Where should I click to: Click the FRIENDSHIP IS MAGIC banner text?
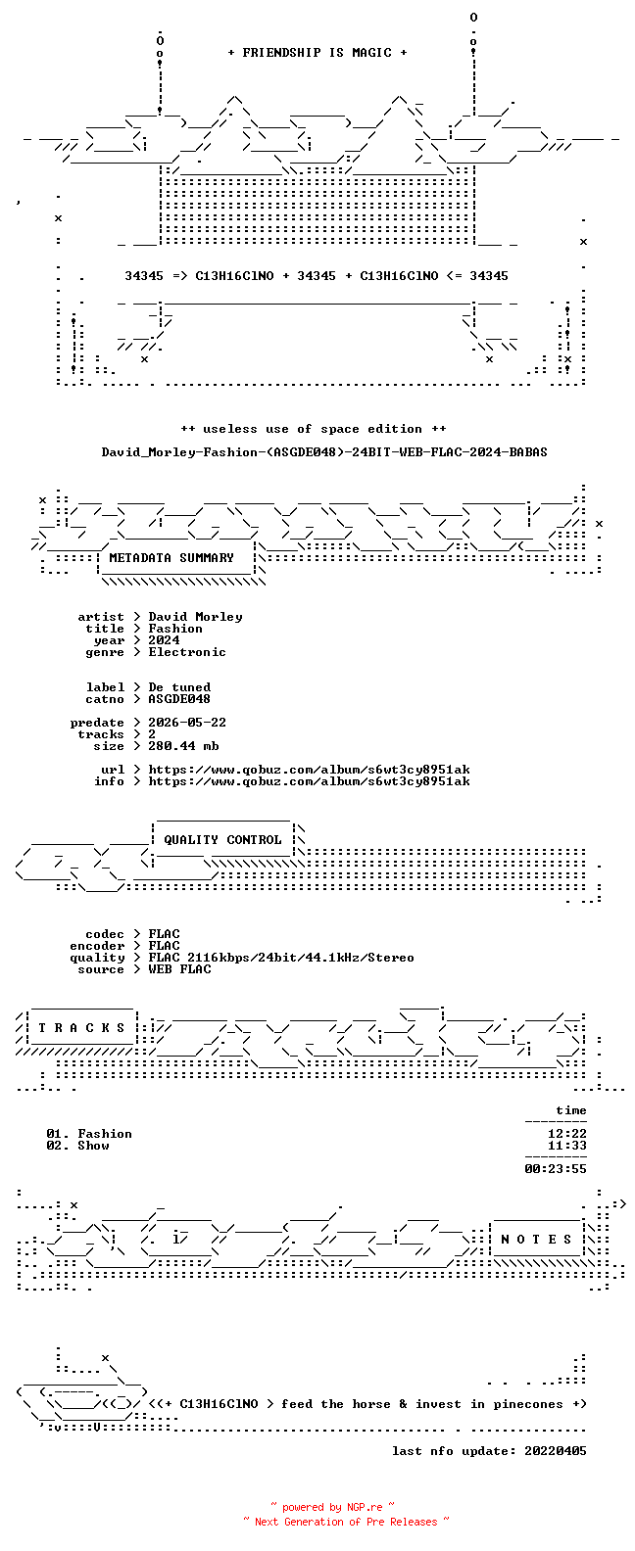pos(317,53)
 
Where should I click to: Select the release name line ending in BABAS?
pos(324,452)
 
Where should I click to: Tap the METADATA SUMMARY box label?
pos(171,557)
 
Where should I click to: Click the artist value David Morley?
pos(195,616)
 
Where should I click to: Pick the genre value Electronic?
pos(187,651)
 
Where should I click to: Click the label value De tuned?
pos(179,686)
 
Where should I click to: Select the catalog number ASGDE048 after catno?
pos(179,699)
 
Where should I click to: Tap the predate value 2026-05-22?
pos(187,723)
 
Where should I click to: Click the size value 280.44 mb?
pos(183,746)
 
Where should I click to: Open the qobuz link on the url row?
pos(310,770)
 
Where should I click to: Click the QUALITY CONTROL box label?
pos(222,839)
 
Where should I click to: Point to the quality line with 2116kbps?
pos(281,958)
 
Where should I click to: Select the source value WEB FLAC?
pos(179,969)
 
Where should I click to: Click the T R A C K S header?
pos(81,1027)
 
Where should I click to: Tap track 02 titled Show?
pos(77,1146)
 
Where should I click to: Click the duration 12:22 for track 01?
pos(567,1134)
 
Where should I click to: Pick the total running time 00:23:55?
pos(556,1169)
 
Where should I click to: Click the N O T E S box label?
pos(536,1240)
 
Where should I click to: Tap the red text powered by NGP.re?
pos(332,1507)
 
